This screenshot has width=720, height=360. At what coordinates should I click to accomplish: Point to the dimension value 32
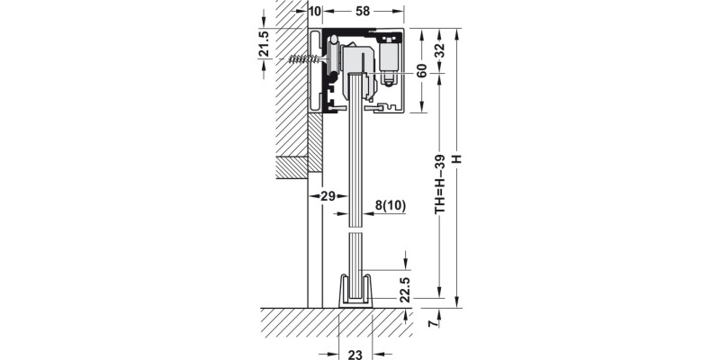coord(439,51)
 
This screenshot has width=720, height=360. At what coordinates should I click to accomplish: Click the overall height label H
coord(457,160)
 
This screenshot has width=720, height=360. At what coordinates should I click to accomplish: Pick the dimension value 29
coord(328,195)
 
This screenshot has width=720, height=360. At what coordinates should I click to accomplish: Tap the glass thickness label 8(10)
coord(390,204)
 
